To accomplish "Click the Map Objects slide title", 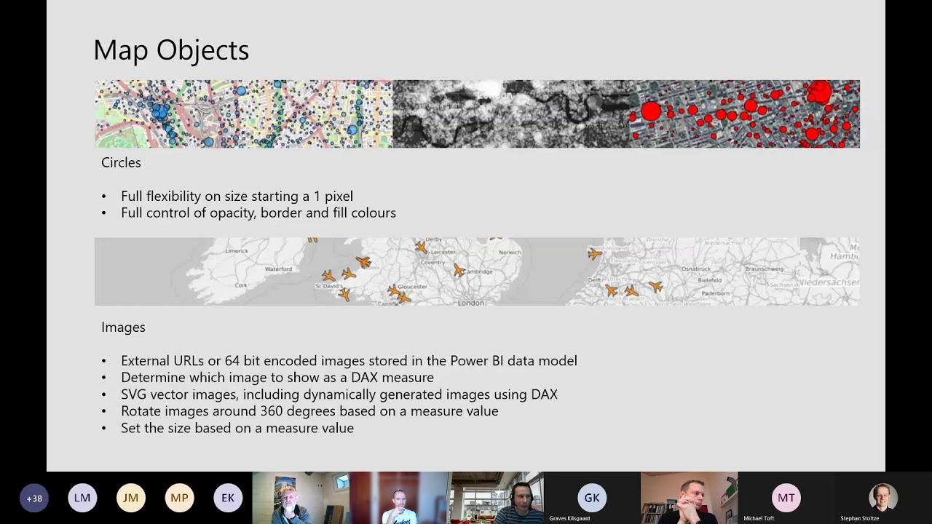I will click(171, 50).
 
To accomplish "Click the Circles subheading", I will click(121, 162).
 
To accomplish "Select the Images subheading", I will click(123, 327).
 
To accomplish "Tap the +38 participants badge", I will click(33, 498).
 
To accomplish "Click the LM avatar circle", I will click(82, 498).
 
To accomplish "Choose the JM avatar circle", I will click(130, 498).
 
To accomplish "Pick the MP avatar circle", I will click(179, 498).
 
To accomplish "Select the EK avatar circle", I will click(228, 498).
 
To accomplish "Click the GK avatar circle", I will click(591, 498).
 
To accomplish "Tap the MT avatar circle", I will click(786, 498).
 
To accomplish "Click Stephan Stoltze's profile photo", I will click(882, 497).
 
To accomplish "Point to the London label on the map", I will click(470, 302).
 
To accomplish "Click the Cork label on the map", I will click(241, 285).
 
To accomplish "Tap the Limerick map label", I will click(237, 251).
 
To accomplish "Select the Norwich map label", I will click(510, 253).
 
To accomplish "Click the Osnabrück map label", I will click(695, 269).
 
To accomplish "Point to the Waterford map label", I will click(278, 269).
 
